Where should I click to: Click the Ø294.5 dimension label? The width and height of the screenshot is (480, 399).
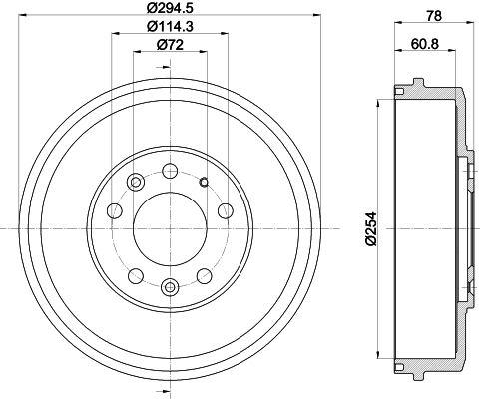[170, 7]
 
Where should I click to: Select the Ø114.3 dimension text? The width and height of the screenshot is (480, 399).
[170, 26]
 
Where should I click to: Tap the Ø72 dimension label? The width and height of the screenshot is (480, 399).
[170, 45]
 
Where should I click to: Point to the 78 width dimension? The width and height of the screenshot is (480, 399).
[434, 16]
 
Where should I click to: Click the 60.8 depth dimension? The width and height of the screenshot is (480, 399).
[425, 43]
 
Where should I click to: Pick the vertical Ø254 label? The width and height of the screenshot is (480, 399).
[371, 229]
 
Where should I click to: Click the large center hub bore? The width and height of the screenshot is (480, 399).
[170, 228]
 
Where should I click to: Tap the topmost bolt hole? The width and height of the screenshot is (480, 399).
[170, 171]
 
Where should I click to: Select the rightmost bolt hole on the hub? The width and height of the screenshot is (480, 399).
[226, 211]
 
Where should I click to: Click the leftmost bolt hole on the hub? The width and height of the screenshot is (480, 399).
[115, 211]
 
